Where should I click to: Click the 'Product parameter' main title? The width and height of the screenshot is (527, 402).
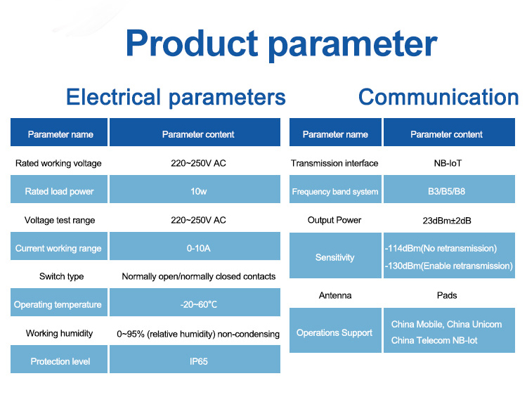[x=281, y=44]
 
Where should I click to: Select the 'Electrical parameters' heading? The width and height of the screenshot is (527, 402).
[x=176, y=98]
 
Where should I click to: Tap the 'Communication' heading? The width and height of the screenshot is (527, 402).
[x=438, y=97]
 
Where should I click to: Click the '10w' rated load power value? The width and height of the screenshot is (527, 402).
[x=199, y=192]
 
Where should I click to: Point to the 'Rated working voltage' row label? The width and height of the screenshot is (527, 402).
[x=58, y=163]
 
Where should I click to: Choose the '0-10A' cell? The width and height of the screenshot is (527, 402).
[x=199, y=248]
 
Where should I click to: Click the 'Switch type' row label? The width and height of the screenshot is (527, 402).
[x=62, y=277]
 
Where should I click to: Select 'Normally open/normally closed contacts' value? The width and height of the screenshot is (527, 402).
[x=199, y=277]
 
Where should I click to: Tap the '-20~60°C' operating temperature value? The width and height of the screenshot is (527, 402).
[x=199, y=305]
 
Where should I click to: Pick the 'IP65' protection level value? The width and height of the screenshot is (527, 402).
[x=199, y=362]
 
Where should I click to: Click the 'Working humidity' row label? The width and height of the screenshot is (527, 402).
[x=59, y=333]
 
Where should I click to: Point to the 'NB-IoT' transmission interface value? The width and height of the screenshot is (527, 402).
[x=448, y=163]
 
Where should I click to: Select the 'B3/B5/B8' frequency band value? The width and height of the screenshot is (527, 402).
[x=447, y=192]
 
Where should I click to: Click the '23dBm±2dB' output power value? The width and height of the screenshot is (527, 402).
[x=447, y=221]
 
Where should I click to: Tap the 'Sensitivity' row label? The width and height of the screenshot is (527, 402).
[x=334, y=258]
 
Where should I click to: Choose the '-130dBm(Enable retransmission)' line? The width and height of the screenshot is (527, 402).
[x=449, y=266]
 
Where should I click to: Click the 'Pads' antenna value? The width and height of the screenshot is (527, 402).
[x=447, y=295]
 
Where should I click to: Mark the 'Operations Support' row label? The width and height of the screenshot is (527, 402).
[x=334, y=333]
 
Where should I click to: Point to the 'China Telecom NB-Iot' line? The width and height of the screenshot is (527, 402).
[x=434, y=340]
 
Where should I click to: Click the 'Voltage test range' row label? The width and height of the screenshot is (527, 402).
[x=60, y=221]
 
